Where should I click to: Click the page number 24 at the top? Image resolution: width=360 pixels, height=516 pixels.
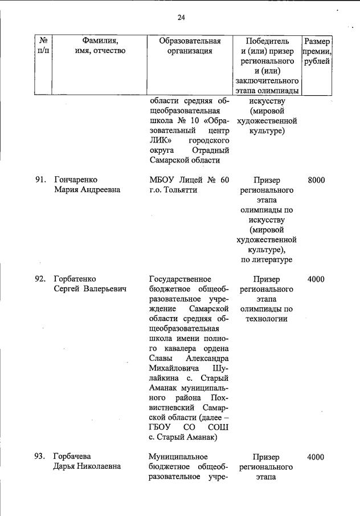click(181, 18)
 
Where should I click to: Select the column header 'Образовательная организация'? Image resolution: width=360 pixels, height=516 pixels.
click(190, 46)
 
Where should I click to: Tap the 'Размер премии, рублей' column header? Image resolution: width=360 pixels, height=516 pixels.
click(317, 51)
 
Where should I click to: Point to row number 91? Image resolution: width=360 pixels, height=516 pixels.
click(40, 180)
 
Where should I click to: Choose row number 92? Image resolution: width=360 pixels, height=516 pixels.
click(40, 279)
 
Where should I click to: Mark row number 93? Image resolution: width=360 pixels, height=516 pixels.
click(40, 457)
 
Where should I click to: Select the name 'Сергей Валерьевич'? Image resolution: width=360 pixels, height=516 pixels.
click(89, 289)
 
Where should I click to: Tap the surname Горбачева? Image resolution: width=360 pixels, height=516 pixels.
click(72, 457)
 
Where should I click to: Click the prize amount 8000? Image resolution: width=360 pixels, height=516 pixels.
click(316, 180)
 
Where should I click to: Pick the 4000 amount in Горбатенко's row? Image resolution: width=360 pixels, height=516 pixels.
click(316, 279)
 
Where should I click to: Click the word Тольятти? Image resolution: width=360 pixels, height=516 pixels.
click(179, 190)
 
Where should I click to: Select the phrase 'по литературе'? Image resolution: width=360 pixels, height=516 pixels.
click(267, 260)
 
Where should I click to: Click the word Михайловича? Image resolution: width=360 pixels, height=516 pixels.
click(174, 368)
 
